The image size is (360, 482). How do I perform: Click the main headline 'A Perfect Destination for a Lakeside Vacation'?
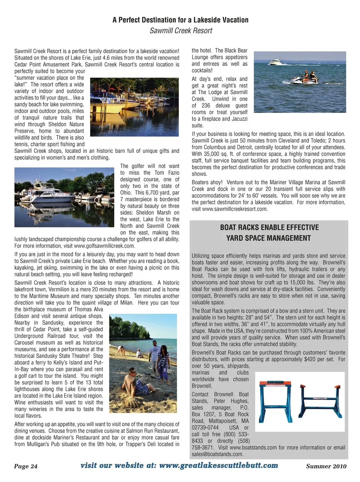180,20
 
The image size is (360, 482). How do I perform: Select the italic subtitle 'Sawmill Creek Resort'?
181,31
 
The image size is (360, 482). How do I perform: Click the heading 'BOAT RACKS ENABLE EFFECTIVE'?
269,227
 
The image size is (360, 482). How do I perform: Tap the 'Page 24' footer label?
26,466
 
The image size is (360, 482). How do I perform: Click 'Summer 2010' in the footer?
326,466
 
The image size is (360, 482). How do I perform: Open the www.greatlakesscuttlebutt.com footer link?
219,465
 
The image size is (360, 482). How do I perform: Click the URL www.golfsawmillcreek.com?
104,246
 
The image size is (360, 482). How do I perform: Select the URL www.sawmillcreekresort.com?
234,209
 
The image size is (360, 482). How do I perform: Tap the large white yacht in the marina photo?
41,196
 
